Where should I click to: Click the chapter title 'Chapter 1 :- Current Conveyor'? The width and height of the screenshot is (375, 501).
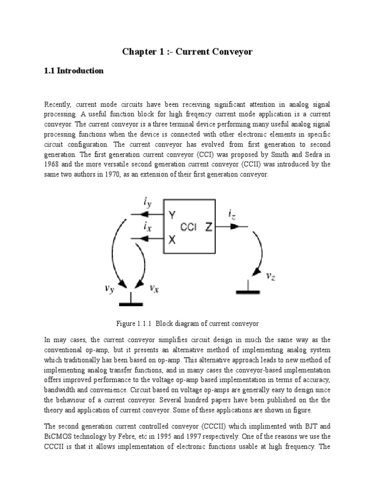(x=187, y=51)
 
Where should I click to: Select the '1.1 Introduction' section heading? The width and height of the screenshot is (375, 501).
(x=74, y=71)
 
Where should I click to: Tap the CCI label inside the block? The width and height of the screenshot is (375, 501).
(x=188, y=227)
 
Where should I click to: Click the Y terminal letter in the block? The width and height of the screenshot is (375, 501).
(x=171, y=215)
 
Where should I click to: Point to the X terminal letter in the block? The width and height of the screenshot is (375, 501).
(x=171, y=239)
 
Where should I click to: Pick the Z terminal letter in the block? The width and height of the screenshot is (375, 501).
(x=208, y=227)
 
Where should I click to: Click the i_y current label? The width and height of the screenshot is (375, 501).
(x=147, y=202)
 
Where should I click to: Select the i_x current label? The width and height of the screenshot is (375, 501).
(x=147, y=227)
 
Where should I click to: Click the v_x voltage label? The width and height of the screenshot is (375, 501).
(x=154, y=288)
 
